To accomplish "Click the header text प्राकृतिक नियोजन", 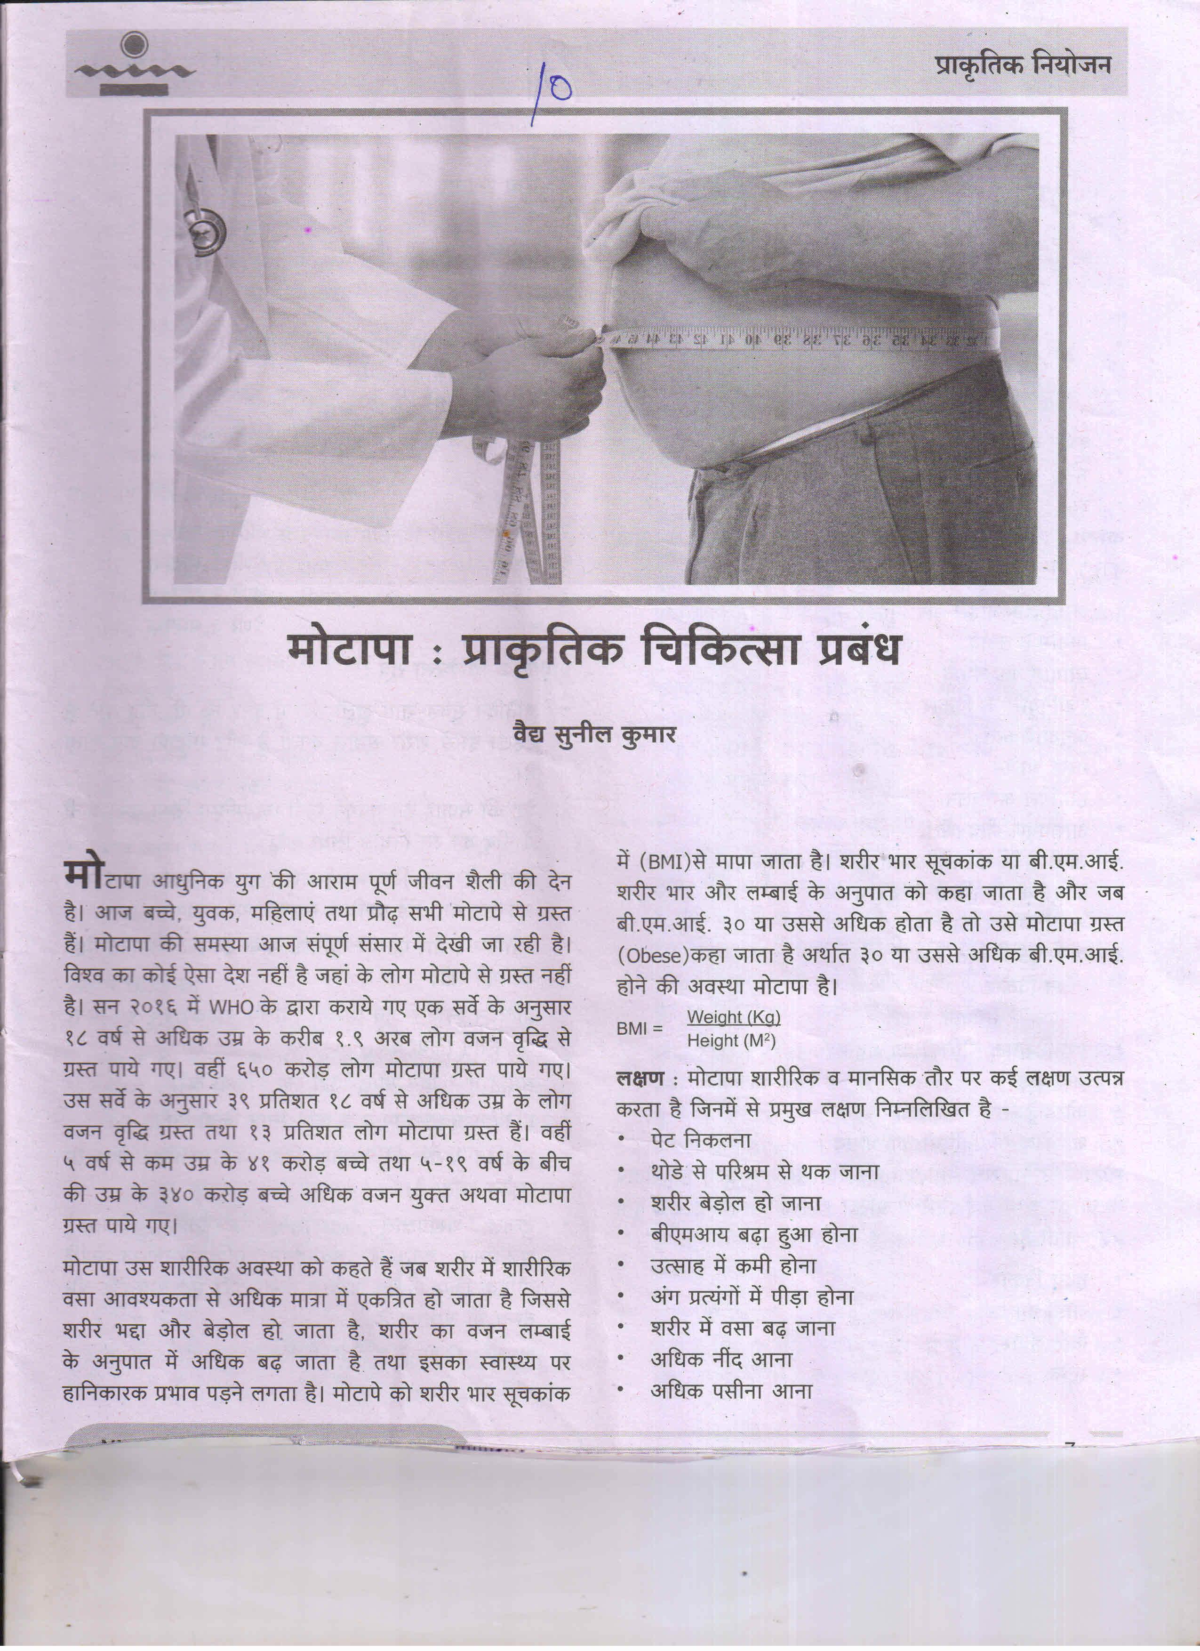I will pyautogui.click(x=1023, y=65).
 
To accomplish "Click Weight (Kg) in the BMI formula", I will pyautogui.click(x=734, y=1016).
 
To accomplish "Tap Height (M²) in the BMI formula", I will pyautogui.click(x=731, y=1041).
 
